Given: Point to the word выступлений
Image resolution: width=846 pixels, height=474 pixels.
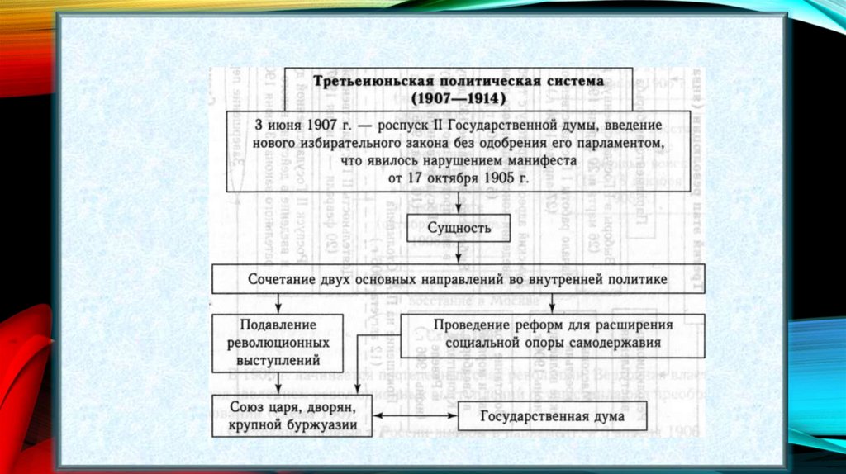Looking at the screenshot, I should pyautogui.click(x=278, y=360).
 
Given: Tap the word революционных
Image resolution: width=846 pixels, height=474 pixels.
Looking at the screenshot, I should pyautogui.click(x=278, y=342).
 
